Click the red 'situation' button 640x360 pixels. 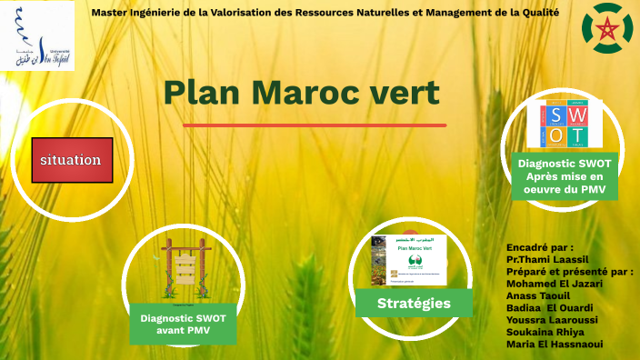pos(73,160)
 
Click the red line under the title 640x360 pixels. pos(315,125)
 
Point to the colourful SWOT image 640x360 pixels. pos(565,123)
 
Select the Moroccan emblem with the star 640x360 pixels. pos(604,26)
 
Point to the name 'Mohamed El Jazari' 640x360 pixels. pos(554,283)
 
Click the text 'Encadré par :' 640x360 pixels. pos(540,246)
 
